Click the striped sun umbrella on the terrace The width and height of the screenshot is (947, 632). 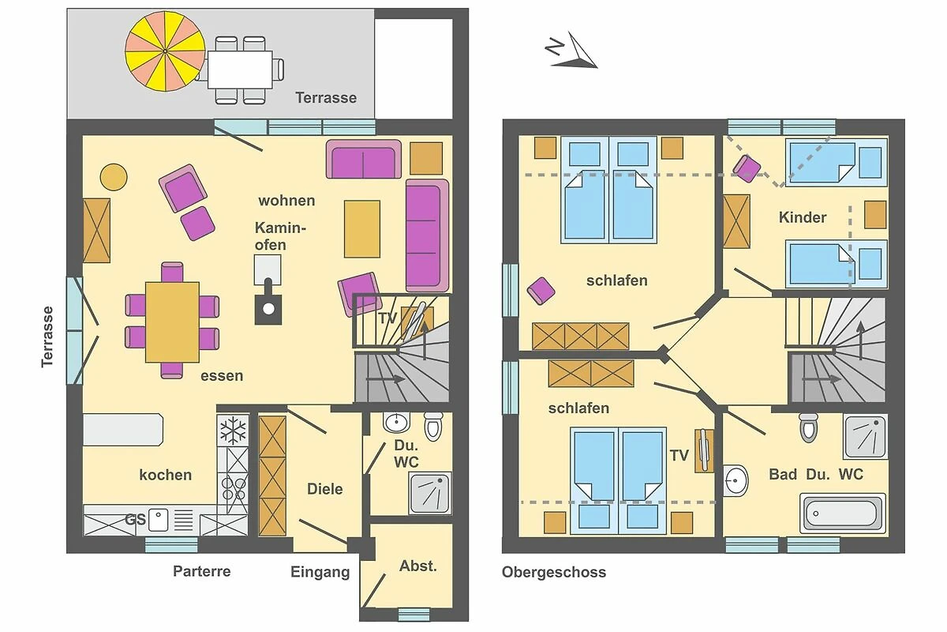pyautogui.click(x=165, y=51)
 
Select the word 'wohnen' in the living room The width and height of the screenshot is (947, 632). pyautogui.click(x=286, y=200)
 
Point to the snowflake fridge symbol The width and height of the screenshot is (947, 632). pyautogui.click(x=233, y=430)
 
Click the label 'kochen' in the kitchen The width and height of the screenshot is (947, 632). pyautogui.click(x=165, y=475)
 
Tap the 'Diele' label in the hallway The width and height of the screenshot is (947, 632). pyautogui.click(x=324, y=489)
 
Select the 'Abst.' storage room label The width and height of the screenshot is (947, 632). pyautogui.click(x=418, y=566)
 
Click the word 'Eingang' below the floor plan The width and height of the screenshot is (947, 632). pyautogui.click(x=320, y=572)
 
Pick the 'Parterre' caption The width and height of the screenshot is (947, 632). pyautogui.click(x=202, y=571)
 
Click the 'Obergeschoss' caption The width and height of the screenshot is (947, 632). pyautogui.click(x=554, y=572)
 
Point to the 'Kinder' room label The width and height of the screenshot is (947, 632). pyautogui.click(x=803, y=217)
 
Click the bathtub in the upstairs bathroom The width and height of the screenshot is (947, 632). pyautogui.click(x=843, y=513)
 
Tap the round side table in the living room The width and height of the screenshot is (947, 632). pyautogui.click(x=114, y=177)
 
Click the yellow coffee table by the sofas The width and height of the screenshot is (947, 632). pyautogui.click(x=362, y=229)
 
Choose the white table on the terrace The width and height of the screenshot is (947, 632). pyautogui.click(x=240, y=70)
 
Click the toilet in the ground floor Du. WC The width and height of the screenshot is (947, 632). pyautogui.click(x=433, y=426)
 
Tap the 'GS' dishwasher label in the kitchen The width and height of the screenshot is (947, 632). pyautogui.click(x=135, y=519)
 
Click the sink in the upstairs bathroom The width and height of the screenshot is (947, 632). pyautogui.click(x=736, y=480)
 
